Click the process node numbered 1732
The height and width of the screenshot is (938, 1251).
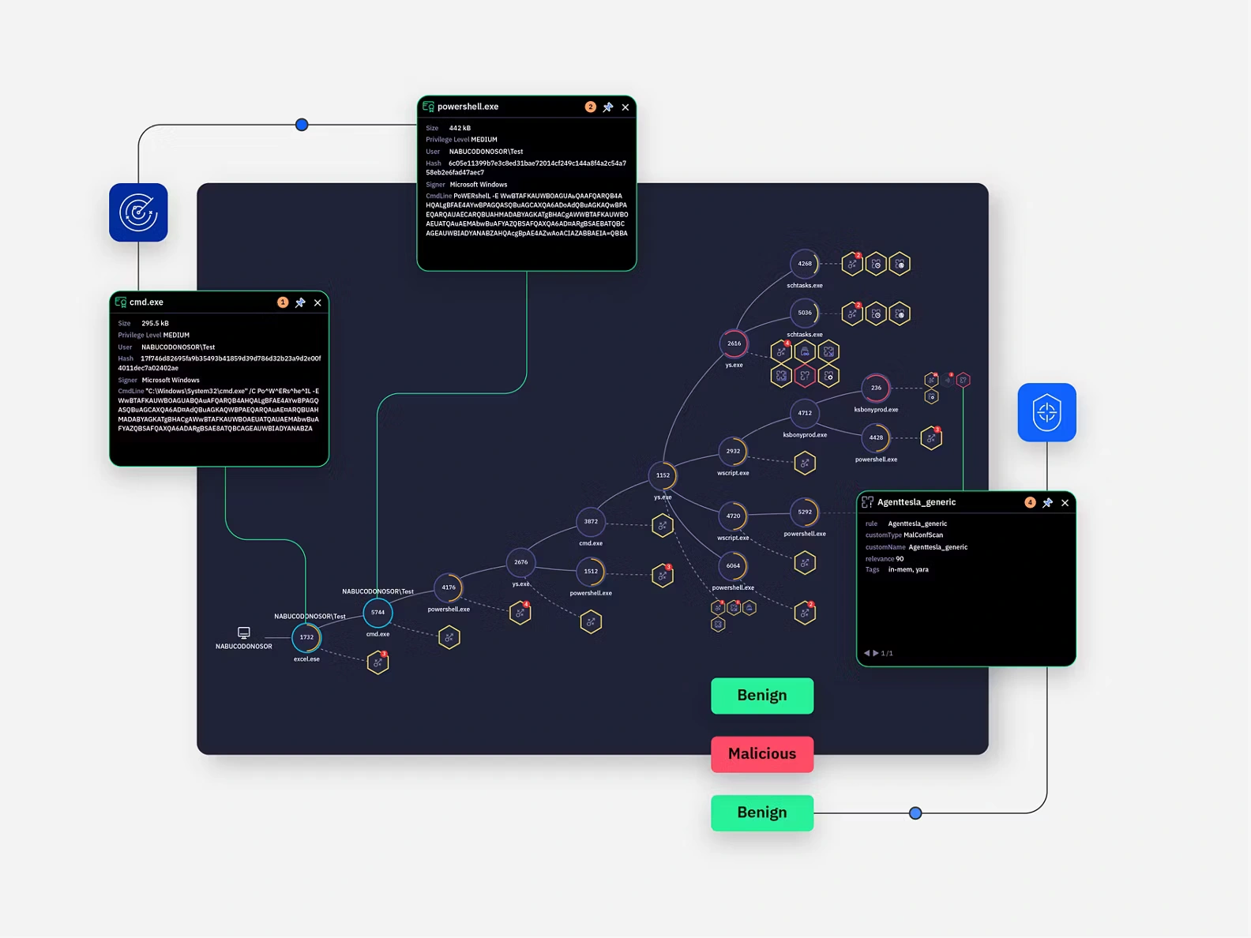point(306,637)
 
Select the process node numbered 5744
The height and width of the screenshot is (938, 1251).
point(378,612)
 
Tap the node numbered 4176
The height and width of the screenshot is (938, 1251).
point(449,587)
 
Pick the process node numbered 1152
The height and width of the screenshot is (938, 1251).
point(663,475)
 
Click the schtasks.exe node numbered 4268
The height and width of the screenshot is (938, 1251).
point(804,264)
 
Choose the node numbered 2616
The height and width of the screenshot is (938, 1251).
point(734,343)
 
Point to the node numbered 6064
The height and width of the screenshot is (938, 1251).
point(733,566)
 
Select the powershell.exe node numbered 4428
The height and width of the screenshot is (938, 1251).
point(876,437)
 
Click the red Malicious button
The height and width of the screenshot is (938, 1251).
point(762,754)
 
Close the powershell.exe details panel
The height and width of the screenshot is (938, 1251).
point(625,107)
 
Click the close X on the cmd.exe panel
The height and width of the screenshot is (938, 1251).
point(317,302)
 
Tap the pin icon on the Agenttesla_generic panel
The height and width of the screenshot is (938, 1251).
point(1047,503)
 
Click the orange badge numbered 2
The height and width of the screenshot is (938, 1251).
point(590,107)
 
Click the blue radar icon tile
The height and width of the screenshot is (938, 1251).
point(138,212)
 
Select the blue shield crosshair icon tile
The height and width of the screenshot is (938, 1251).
point(1046,412)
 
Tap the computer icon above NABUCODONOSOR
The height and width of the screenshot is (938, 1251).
point(244,632)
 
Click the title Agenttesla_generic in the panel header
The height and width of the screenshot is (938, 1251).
point(916,502)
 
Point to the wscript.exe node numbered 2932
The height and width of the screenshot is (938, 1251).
point(733,452)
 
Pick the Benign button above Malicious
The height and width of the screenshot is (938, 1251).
point(762,696)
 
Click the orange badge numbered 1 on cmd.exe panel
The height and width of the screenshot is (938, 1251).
point(283,302)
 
